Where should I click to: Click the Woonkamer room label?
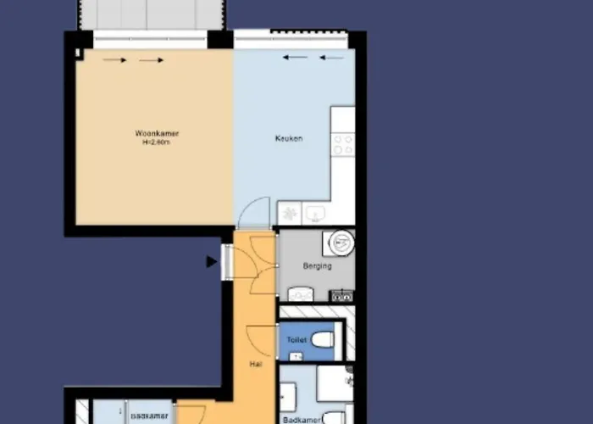(157, 134)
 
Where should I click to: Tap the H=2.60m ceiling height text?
(157, 143)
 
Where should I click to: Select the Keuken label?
(289, 138)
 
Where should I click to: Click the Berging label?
(317, 266)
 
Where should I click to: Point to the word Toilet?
(296, 340)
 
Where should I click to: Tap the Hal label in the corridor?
(255, 364)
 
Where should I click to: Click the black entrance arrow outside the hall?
(212, 263)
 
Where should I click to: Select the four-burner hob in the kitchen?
(343, 145)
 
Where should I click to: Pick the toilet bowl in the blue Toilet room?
(322, 340)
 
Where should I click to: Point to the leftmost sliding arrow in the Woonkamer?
(115, 60)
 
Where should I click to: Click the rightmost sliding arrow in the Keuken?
(334, 58)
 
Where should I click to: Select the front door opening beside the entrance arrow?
(227, 262)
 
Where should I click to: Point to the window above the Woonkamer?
(151, 39)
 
